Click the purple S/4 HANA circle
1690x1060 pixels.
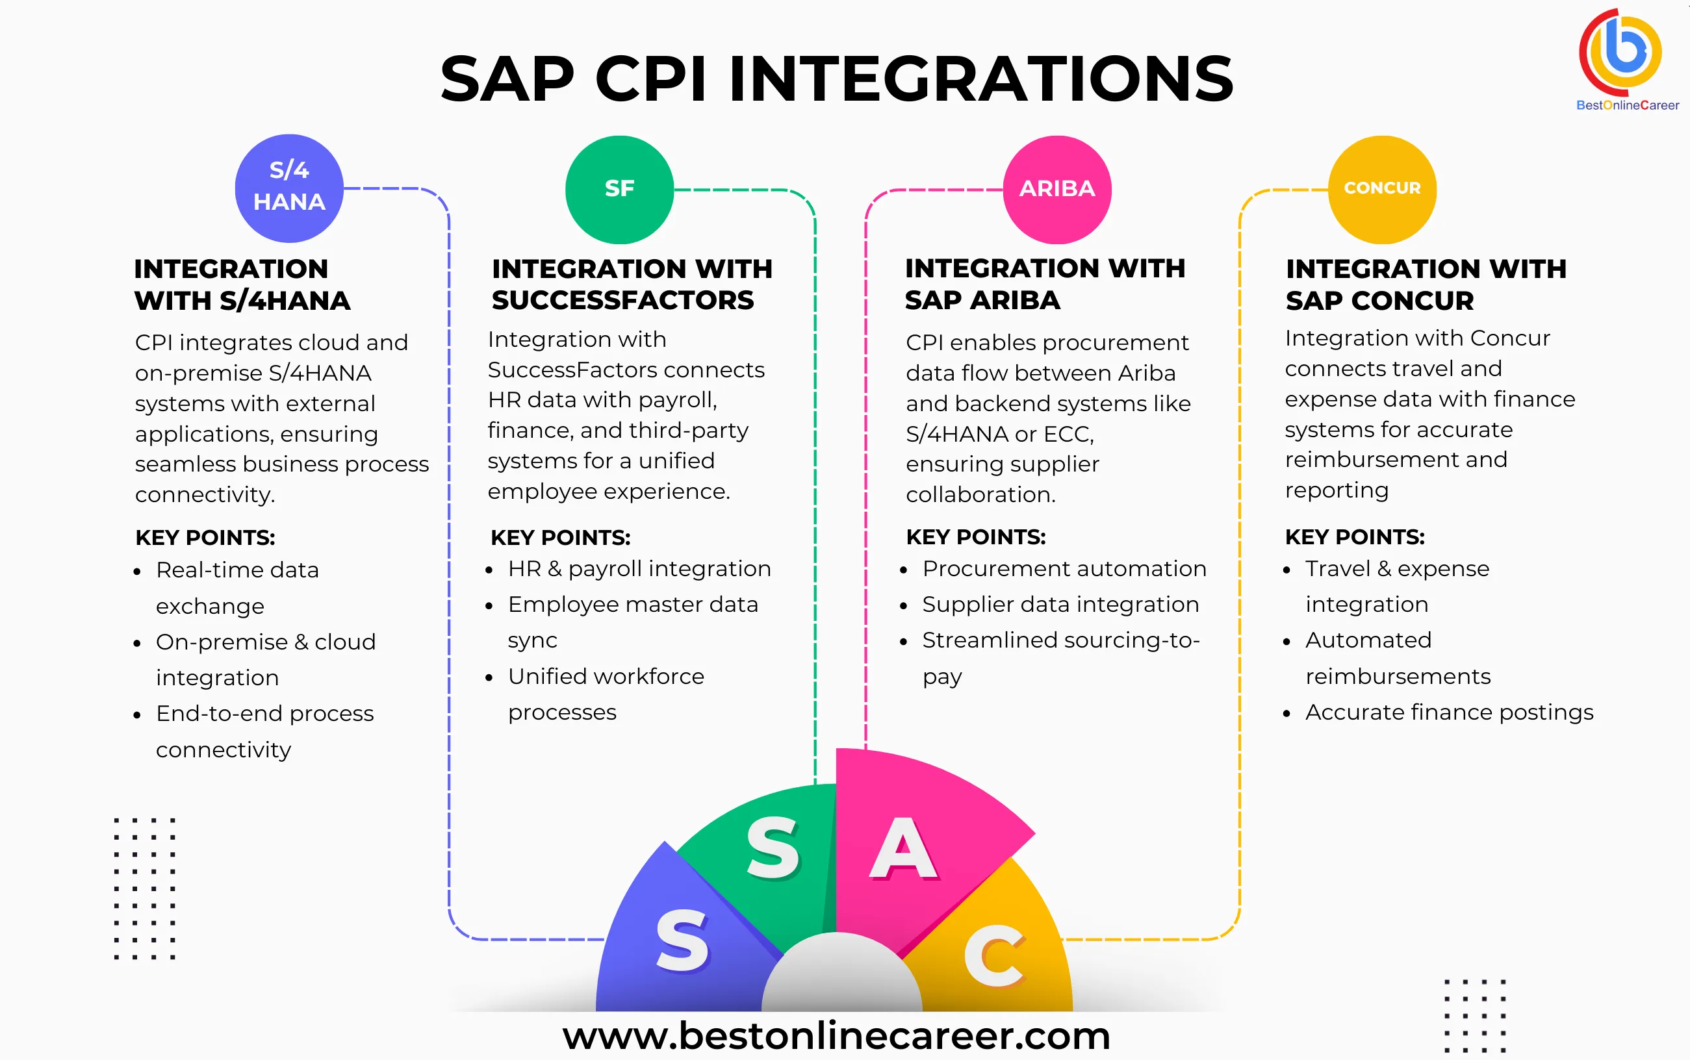coord(289,188)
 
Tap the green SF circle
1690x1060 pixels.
coord(619,189)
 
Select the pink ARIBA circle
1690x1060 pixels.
coord(1056,189)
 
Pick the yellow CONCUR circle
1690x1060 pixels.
coord(1381,189)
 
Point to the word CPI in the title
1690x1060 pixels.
coord(650,79)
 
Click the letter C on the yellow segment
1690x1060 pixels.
coord(994,955)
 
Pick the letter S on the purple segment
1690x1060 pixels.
coord(682,941)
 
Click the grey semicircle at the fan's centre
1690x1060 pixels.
coord(841,978)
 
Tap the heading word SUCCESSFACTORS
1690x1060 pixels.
coord(622,300)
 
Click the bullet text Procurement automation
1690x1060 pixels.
coord(1064,568)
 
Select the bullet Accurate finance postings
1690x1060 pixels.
coord(1449,713)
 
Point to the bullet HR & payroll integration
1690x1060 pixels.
coord(639,568)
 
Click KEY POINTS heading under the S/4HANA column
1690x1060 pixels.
coord(205,538)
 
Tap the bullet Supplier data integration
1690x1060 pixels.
coord(1060,604)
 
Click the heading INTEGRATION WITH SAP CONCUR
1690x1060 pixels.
coord(1425,284)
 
